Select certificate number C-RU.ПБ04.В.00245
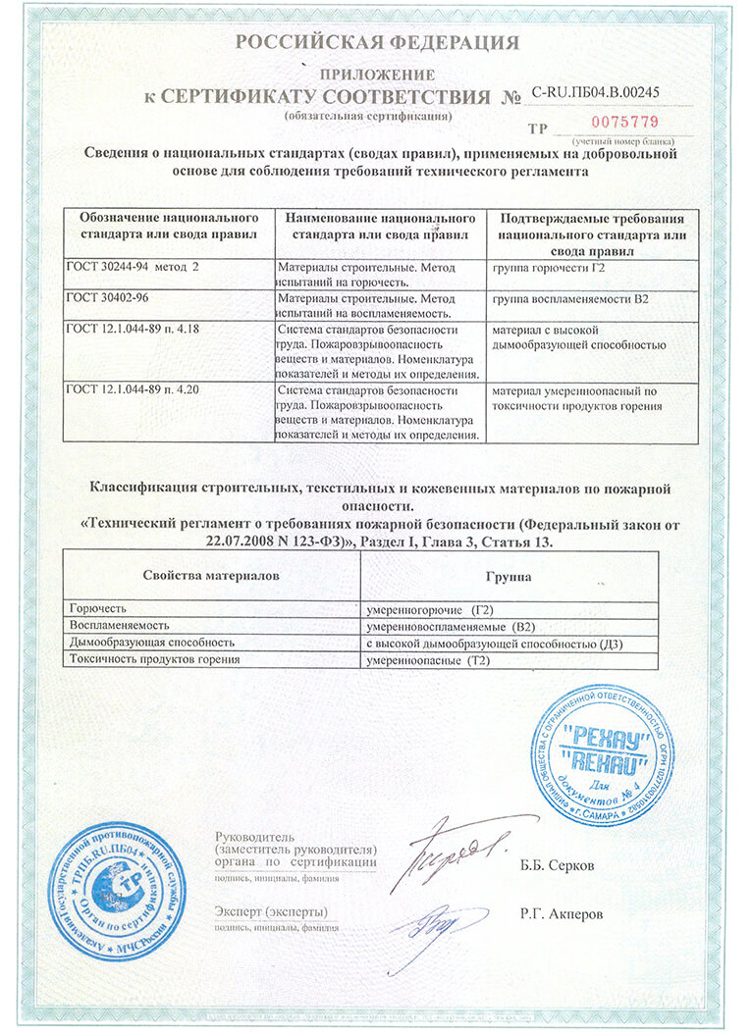point(595,93)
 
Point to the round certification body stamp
point(117,891)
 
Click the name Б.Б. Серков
point(557,866)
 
